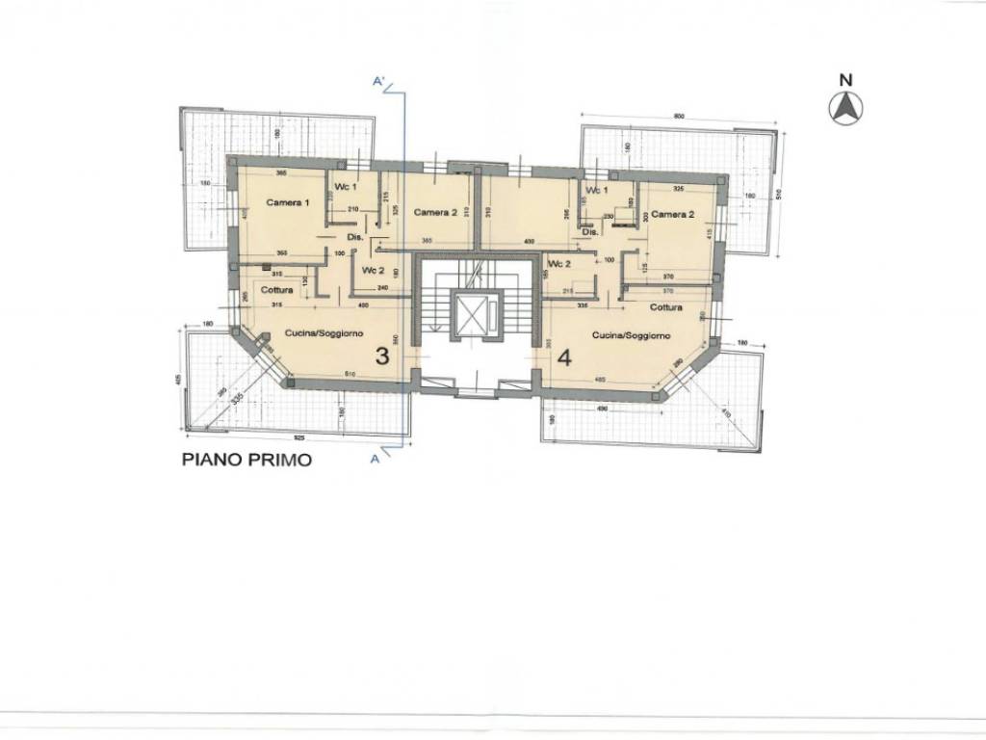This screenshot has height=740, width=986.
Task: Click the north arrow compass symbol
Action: tap(845, 109)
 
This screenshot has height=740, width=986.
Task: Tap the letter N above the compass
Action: tap(845, 80)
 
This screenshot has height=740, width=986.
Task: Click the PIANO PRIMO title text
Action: tap(247, 461)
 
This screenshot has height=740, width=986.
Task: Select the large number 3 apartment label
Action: tap(381, 357)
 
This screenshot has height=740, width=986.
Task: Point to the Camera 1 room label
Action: tap(288, 203)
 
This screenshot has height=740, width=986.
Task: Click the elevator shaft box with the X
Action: tap(474, 316)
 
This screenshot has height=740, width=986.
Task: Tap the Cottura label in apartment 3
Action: tap(277, 290)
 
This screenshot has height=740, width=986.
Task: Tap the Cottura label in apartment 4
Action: tap(665, 308)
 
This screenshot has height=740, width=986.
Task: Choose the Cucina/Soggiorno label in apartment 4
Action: tap(632, 334)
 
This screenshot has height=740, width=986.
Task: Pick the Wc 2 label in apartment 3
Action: tap(374, 271)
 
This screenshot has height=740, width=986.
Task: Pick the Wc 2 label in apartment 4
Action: tap(558, 264)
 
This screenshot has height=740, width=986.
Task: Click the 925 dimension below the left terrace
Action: tap(300, 437)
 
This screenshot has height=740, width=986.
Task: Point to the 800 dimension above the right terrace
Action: tap(678, 117)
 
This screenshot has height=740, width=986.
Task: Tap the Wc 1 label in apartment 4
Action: tap(600, 191)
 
